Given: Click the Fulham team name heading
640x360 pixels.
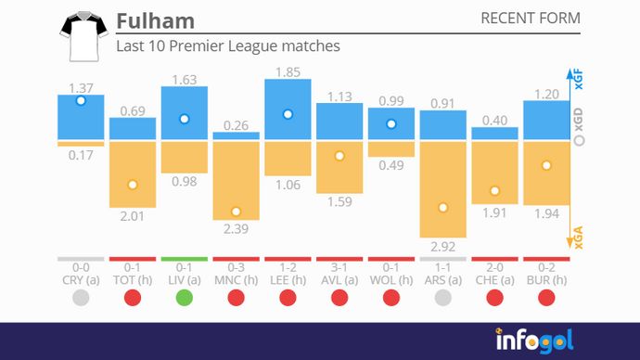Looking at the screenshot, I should (x=156, y=20).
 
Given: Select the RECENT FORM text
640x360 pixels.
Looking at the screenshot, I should (x=531, y=19).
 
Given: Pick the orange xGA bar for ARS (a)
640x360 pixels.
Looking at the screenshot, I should (x=443, y=189).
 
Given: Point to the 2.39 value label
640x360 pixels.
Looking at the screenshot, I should (x=236, y=229).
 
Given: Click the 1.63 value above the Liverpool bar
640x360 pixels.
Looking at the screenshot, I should (x=185, y=79).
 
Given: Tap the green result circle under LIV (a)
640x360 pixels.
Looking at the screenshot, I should (x=185, y=297).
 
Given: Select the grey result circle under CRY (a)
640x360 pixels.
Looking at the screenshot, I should (x=81, y=297).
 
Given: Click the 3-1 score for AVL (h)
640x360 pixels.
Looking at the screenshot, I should (x=339, y=267).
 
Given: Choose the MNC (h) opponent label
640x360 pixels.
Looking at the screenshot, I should (x=236, y=279).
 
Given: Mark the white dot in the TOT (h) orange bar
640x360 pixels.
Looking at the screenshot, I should (x=133, y=185).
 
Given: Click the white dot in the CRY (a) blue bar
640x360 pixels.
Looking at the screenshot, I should (x=81, y=100).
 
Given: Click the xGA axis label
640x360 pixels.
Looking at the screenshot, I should (x=579, y=239).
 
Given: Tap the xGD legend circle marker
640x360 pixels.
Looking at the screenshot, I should (x=579, y=141).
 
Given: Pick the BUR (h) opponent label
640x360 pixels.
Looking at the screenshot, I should (x=547, y=279).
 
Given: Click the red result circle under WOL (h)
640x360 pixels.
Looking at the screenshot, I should (x=391, y=297).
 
